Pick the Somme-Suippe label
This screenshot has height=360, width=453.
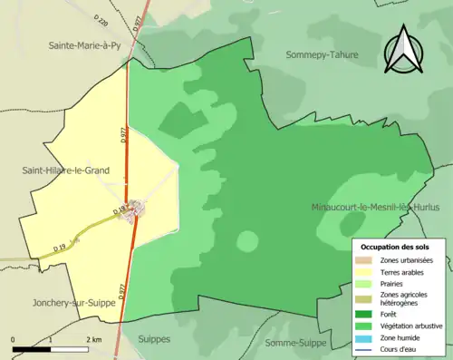296,342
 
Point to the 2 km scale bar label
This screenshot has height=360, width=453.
93,339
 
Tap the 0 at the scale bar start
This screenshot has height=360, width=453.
14,339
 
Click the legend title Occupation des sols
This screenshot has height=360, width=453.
395,247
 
